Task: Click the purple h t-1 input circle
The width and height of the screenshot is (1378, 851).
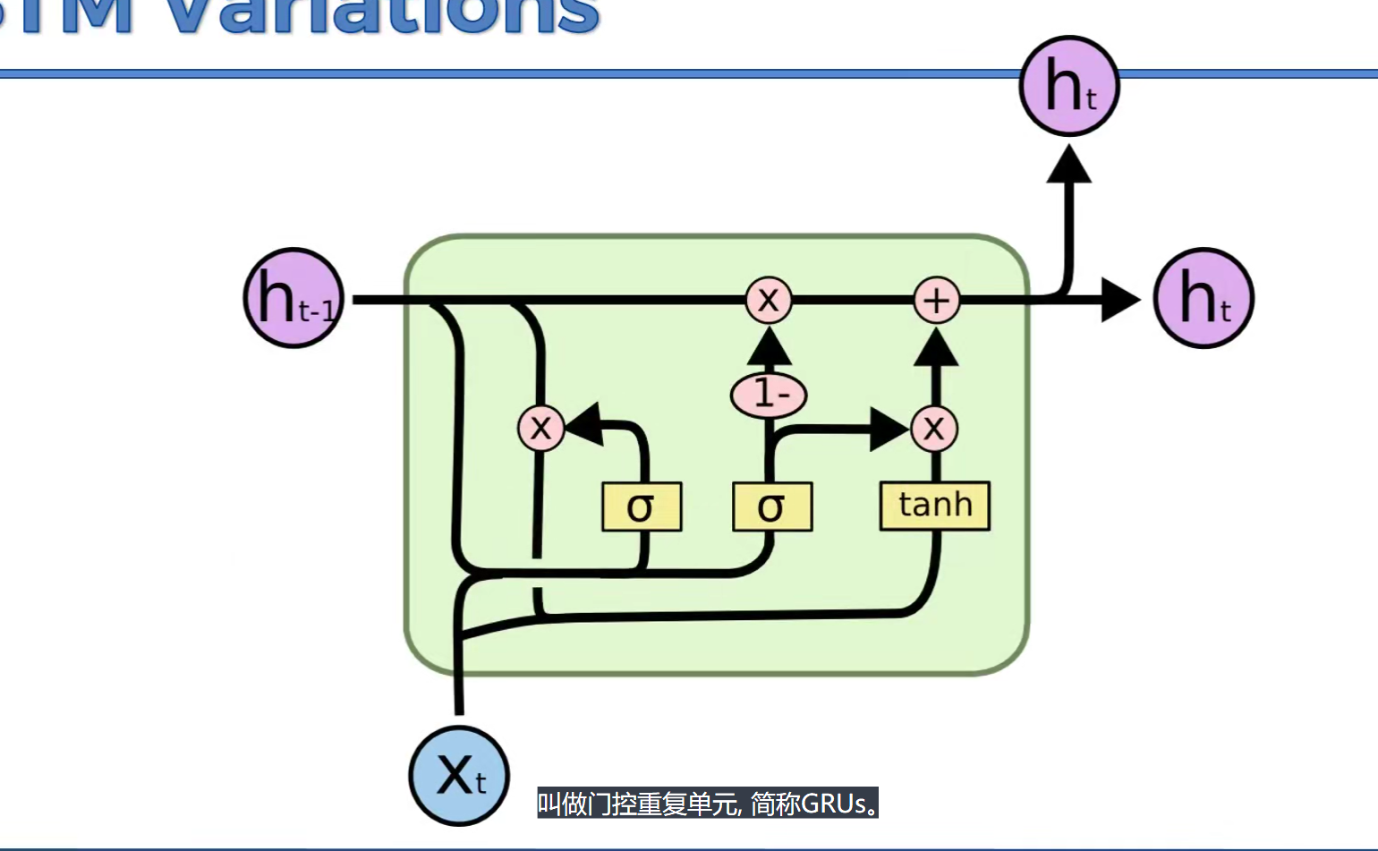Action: coord(293,298)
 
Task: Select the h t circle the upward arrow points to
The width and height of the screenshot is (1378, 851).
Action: coord(1069,86)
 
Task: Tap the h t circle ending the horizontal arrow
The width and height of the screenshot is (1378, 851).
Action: coord(1204,298)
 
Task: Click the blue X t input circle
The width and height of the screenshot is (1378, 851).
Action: coord(459,775)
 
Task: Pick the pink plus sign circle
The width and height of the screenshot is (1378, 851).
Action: coord(936,300)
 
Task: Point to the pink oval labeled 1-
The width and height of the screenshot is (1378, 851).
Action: coord(769,395)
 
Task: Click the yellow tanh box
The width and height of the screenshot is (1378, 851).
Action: coord(935,506)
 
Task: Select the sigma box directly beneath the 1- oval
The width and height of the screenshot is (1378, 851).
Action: coord(771,507)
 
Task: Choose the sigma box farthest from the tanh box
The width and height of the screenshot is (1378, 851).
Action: coord(642,507)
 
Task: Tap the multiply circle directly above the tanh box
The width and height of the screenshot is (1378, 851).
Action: coord(934,429)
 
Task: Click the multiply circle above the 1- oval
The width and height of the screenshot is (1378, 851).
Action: coord(769,300)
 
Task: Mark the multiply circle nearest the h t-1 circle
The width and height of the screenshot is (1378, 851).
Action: coord(540,428)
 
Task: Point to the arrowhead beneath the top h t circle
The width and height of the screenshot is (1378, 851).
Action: coord(1069,165)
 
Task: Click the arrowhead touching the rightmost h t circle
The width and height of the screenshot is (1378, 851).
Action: coord(1119,300)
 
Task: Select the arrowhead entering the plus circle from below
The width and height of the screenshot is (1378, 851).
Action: coord(936,348)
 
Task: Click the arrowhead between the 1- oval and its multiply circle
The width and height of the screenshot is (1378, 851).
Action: coord(769,347)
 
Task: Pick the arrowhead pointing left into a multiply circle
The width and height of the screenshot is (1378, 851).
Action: coord(583,425)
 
